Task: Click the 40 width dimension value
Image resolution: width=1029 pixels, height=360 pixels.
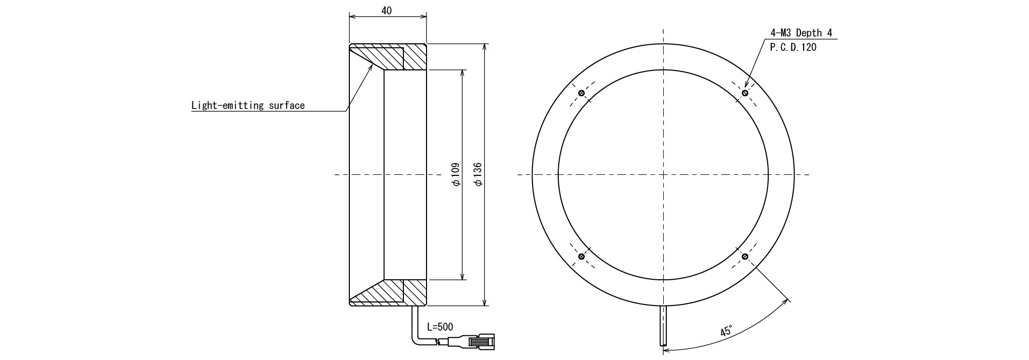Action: tap(387, 10)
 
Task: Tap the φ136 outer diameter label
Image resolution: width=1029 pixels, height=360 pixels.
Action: tap(477, 175)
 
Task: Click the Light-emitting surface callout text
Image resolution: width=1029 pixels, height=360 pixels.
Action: tap(248, 106)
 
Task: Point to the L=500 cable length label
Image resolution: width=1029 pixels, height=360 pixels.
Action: tap(440, 327)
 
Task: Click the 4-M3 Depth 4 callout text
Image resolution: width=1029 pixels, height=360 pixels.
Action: tap(801, 33)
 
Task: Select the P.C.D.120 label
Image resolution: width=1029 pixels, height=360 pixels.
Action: tap(793, 47)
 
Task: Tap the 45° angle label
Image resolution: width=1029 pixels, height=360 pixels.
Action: tap(726, 330)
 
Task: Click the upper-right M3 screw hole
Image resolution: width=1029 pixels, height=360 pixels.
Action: tap(745, 93)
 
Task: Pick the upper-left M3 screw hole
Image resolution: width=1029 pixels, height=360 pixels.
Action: tap(581, 93)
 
